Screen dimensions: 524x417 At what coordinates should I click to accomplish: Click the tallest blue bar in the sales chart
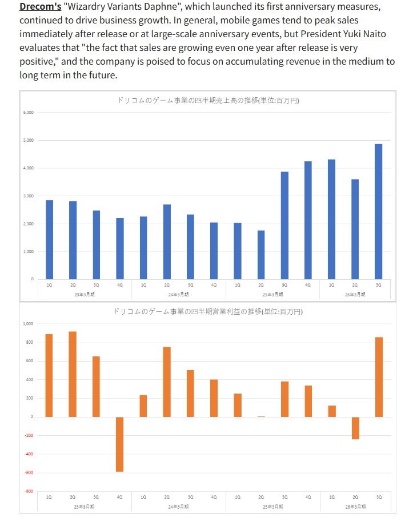(x=378, y=212)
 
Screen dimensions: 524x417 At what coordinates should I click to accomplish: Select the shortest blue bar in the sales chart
(x=261, y=255)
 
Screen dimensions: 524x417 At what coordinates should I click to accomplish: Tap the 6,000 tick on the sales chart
(x=29, y=113)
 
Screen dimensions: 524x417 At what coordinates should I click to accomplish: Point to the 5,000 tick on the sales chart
(x=29, y=140)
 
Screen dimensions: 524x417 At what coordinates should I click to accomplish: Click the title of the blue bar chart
(x=208, y=101)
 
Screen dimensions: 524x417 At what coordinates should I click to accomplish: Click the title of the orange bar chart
(x=208, y=312)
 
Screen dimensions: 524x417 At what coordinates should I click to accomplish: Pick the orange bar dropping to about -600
(x=120, y=444)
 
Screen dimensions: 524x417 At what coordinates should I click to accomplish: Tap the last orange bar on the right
(x=378, y=377)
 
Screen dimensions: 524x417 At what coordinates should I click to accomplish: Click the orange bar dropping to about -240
(x=355, y=428)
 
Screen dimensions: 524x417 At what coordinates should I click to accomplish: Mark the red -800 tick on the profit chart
(x=29, y=491)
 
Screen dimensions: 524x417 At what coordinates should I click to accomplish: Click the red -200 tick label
(x=29, y=435)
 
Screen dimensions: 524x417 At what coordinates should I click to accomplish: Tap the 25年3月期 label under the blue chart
(x=272, y=293)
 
